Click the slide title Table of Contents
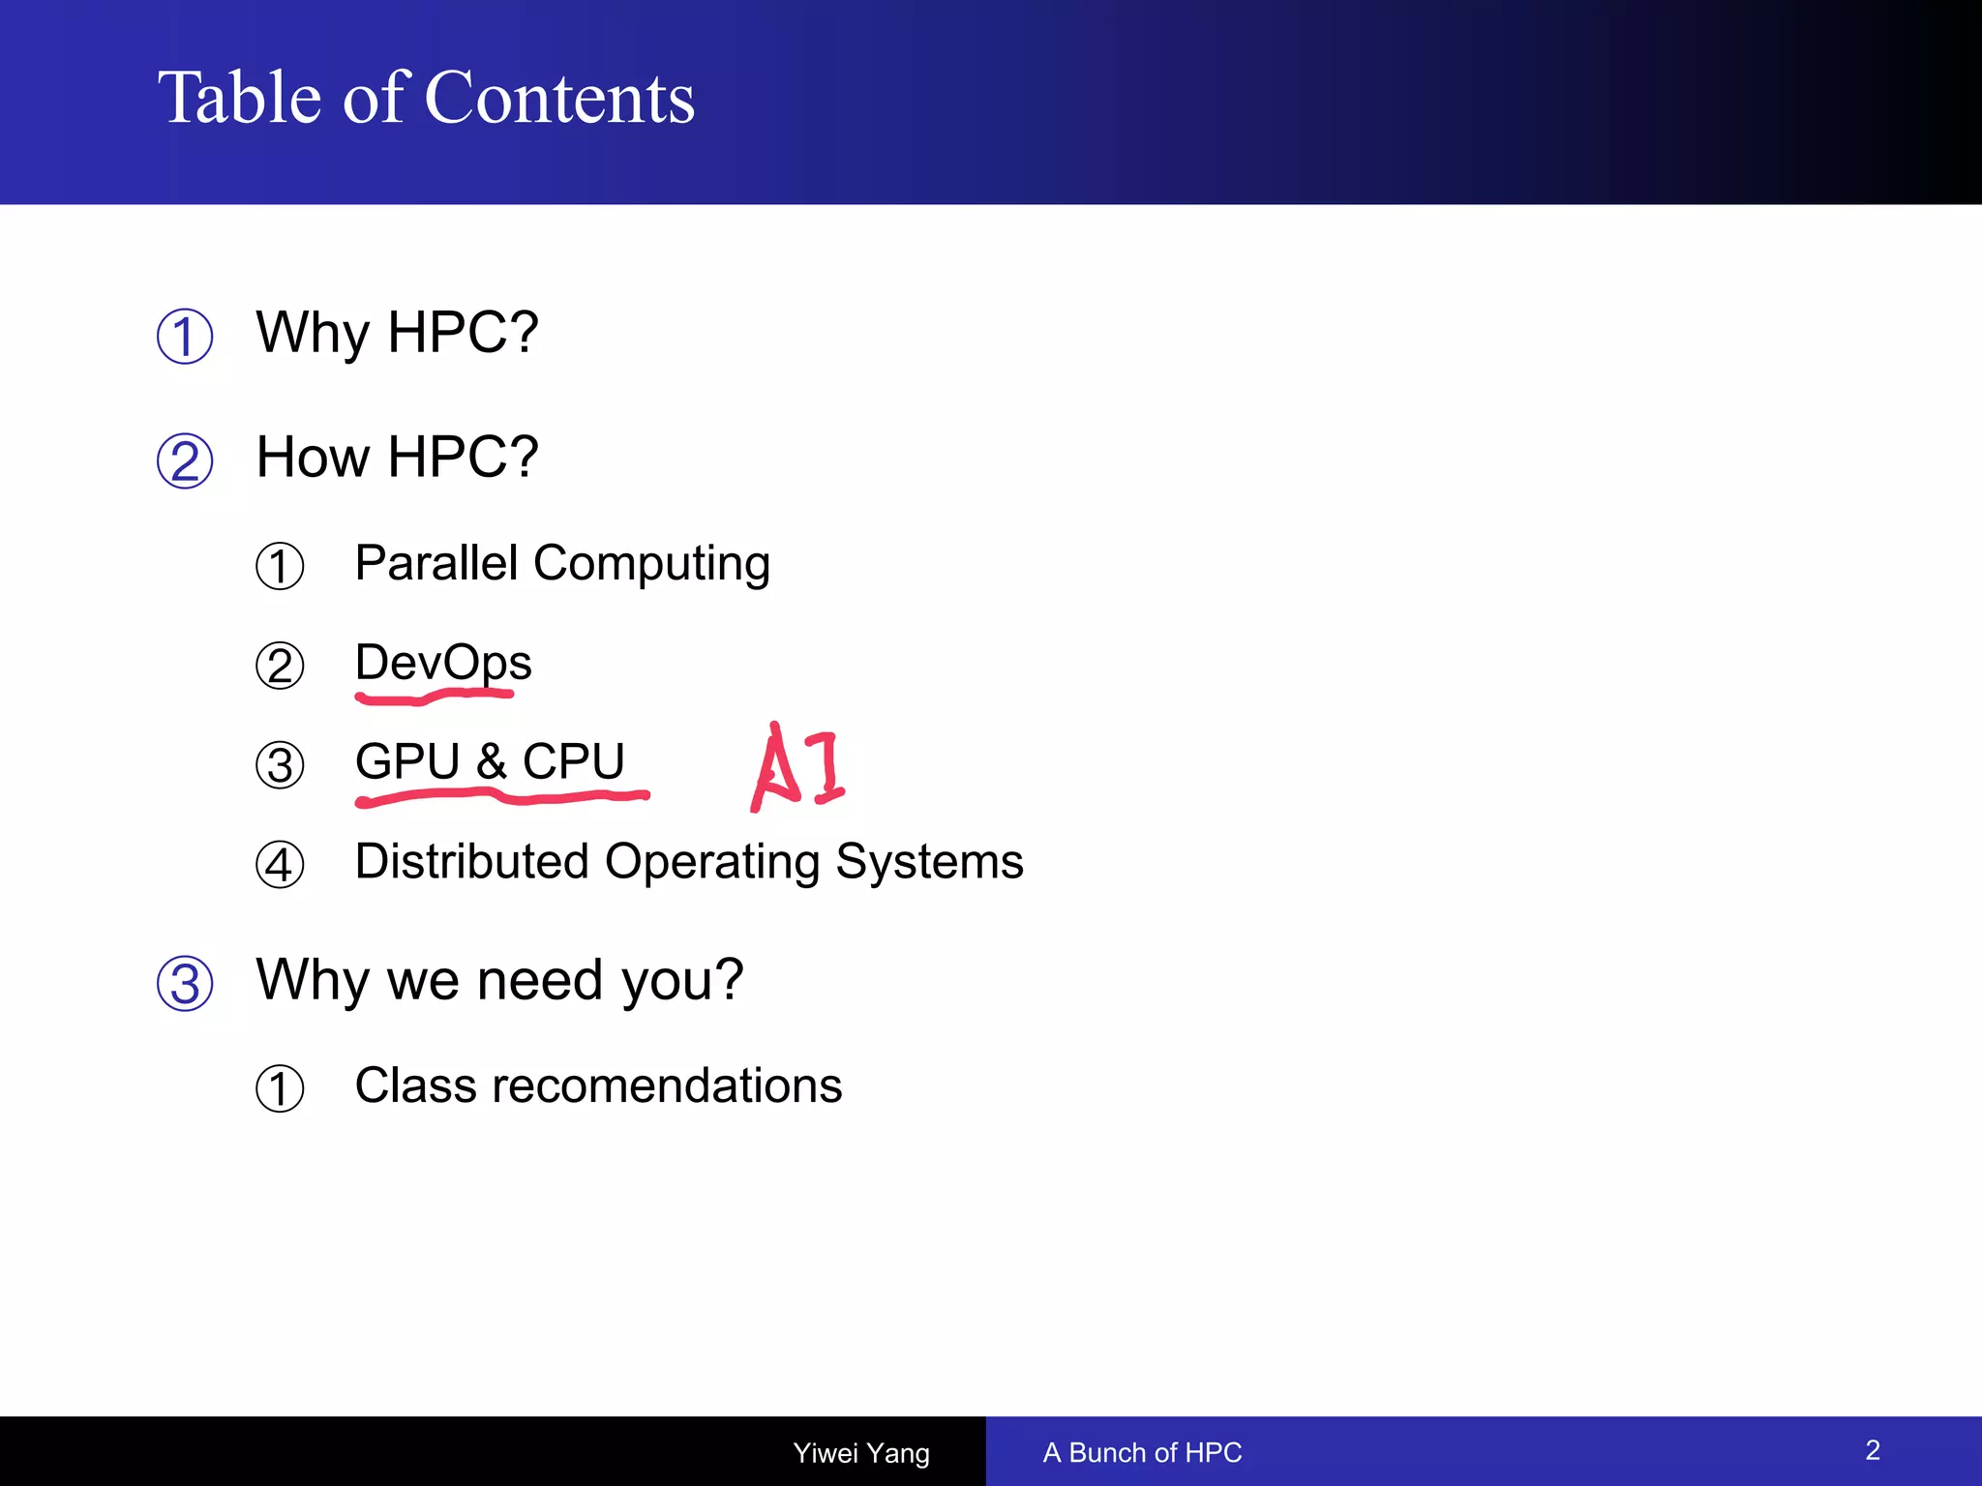[x=426, y=98]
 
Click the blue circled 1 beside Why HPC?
[x=185, y=337]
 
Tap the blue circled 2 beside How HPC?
[x=185, y=461]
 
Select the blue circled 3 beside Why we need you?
[x=185, y=984]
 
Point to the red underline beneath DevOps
[x=434, y=696]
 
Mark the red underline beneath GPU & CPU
[x=501, y=797]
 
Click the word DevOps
[x=443, y=663]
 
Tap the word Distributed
[x=471, y=861]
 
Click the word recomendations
[x=667, y=1085]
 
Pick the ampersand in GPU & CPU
[x=492, y=761]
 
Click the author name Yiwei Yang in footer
[x=861, y=1452]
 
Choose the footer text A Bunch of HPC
[x=1142, y=1452]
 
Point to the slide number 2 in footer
[x=1873, y=1450]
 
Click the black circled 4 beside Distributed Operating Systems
[x=280, y=865]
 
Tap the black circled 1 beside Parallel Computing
[x=280, y=567]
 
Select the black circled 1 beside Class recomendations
[x=280, y=1089]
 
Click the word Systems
[x=929, y=861]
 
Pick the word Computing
[x=651, y=564]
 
